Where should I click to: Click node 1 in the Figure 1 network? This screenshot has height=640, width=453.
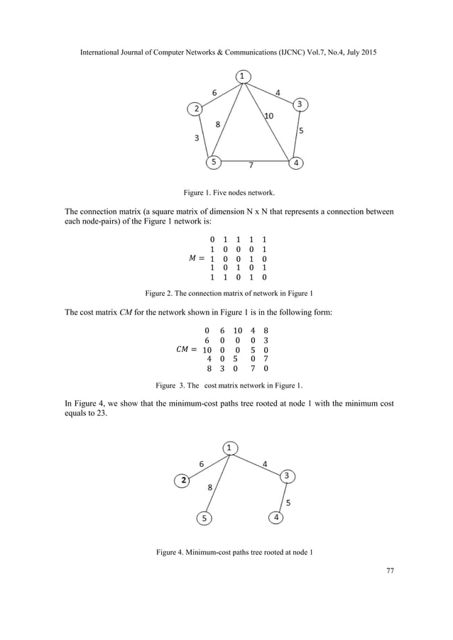243,76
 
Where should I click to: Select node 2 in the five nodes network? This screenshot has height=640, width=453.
194,109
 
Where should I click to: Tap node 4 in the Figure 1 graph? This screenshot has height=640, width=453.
296,162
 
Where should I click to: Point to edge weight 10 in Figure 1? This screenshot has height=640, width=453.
270,116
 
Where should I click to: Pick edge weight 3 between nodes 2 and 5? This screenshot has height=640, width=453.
196,138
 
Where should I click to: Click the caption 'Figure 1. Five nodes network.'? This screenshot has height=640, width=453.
226,192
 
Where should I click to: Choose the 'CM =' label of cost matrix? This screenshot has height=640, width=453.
183,350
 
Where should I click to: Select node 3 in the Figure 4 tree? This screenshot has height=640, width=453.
287,475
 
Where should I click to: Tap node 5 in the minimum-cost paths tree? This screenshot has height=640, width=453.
204,518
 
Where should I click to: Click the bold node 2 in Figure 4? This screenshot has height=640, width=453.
184,481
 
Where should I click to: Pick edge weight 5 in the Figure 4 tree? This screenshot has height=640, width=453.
288,502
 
